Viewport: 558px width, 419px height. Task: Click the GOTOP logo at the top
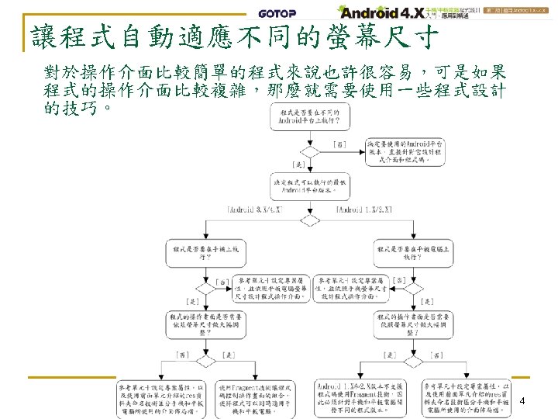(x=277, y=13)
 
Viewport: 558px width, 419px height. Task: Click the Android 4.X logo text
(x=380, y=12)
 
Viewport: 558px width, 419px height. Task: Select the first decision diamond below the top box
(x=312, y=151)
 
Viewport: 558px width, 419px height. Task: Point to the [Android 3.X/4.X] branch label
(x=258, y=209)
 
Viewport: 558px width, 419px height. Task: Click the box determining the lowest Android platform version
(x=312, y=187)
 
